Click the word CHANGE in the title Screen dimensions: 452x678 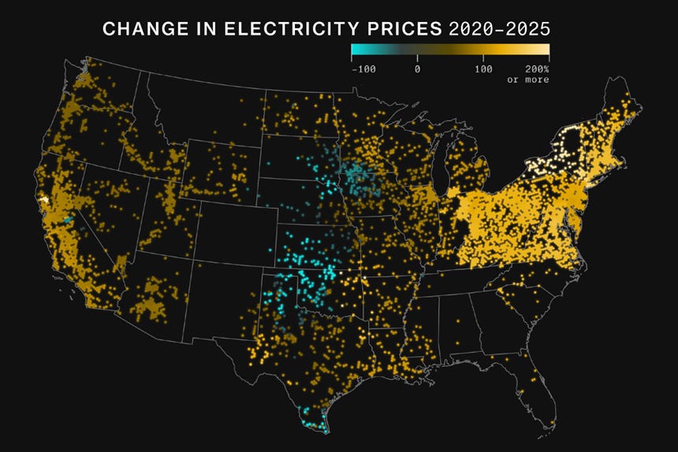pos(138,29)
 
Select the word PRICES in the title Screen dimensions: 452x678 pos(408,29)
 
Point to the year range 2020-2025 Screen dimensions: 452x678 pos(498,29)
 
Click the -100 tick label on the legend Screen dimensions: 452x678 pos(363,69)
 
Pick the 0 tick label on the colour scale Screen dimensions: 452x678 pos(417,69)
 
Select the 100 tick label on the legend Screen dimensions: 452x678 pos(483,69)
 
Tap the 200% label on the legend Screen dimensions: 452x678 pos(536,69)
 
